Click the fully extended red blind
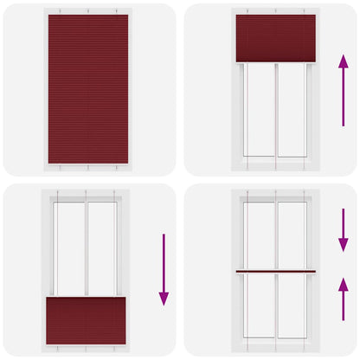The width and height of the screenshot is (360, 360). pyautogui.click(x=88, y=88)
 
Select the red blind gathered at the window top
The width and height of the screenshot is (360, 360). pyautogui.click(x=276, y=38)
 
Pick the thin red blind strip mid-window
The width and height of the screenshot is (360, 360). pyautogui.click(x=276, y=273)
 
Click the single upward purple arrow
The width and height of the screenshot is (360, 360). pyautogui.click(x=344, y=90)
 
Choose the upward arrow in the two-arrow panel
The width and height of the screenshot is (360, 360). pyautogui.click(x=344, y=299)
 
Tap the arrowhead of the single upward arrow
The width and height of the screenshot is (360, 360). pyautogui.click(x=344, y=61)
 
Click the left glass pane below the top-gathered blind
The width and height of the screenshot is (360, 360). pyautogui.click(x=259, y=111)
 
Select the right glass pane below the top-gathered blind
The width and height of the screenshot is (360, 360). pyautogui.click(x=292, y=111)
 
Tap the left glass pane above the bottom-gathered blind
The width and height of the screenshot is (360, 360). pyautogui.click(x=69, y=248)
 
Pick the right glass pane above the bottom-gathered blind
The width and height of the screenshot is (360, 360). pyautogui.click(x=102, y=248)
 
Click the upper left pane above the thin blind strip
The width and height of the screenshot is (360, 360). pyautogui.click(x=259, y=235)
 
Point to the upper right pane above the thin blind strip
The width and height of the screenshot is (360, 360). pyautogui.click(x=292, y=235)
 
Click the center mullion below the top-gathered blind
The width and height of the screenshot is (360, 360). pyautogui.click(x=276, y=111)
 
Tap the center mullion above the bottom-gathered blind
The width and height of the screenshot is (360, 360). pyautogui.click(x=86, y=248)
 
